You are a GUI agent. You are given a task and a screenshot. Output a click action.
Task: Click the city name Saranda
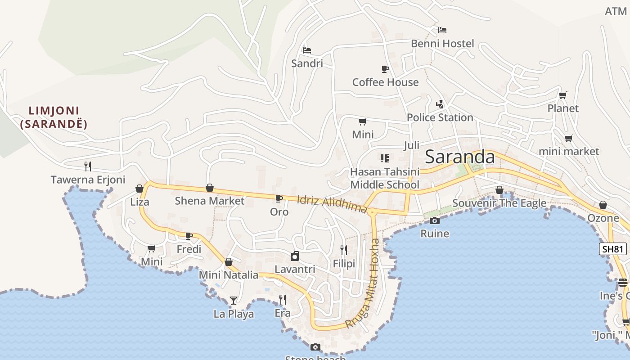click(x=459, y=157)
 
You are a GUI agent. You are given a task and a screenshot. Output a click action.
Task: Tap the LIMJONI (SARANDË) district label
click(x=54, y=117)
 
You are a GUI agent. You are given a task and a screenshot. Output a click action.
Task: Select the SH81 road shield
click(x=612, y=249)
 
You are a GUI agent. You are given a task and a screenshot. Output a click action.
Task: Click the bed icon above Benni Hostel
click(x=442, y=30)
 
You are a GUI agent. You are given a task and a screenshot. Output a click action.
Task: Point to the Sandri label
click(x=307, y=63)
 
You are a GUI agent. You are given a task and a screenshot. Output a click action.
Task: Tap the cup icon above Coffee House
click(x=385, y=69)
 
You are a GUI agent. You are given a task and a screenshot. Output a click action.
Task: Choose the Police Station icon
click(x=440, y=104)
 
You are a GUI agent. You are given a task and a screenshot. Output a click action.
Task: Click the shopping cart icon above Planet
click(x=562, y=95)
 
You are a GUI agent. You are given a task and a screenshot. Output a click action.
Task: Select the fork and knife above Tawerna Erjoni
click(x=88, y=166)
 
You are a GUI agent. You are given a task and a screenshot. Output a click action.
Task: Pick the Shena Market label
click(x=209, y=201)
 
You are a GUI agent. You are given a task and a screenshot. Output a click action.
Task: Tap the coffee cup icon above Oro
click(x=279, y=198)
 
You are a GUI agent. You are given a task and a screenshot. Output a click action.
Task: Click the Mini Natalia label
click(x=229, y=275)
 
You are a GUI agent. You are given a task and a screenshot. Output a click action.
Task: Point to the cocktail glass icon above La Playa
click(x=233, y=300)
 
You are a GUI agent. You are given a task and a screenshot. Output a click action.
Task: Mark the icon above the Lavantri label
click(x=295, y=256)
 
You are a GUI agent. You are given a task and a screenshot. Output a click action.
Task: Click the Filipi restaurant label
click(x=344, y=264)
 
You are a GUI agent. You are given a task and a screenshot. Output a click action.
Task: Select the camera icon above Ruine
click(x=434, y=220)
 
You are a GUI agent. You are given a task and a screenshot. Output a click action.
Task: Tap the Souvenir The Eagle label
click(x=499, y=203)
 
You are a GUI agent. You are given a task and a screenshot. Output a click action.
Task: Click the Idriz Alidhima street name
click(x=332, y=203)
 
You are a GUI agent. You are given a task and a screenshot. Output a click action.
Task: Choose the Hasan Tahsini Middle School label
click(x=385, y=178)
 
